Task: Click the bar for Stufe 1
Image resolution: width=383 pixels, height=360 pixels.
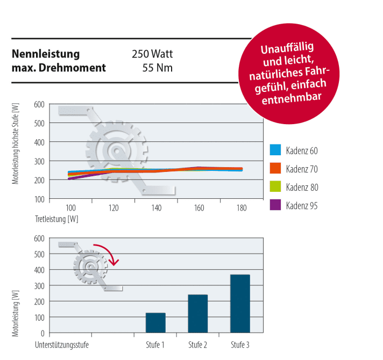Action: click(x=155, y=322)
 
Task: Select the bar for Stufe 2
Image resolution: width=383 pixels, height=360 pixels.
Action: click(x=197, y=313)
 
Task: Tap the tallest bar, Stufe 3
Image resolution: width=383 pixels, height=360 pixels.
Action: click(x=240, y=304)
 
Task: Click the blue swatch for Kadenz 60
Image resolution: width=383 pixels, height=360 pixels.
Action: click(x=274, y=150)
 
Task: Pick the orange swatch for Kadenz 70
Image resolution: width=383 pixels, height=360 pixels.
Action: click(x=274, y=169)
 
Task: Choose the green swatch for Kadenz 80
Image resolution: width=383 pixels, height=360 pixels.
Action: click(x=274, y=187)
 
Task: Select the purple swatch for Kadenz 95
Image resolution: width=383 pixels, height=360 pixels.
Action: click(x=274, y=205)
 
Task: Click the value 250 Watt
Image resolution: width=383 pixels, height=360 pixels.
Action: click(x=152, y=54)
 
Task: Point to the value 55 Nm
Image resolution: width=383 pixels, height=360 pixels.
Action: click(x=158, y=68)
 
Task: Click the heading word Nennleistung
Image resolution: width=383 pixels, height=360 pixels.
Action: click(x=46, y=54)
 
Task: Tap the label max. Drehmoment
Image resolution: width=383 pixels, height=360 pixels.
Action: click(x=59, y=68)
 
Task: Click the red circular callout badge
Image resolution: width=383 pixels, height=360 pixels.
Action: click(x=291, y=73)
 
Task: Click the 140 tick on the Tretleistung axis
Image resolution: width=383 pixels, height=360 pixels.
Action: click(x=156, y=207)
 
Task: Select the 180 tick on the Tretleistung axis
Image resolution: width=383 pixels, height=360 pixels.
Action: click(x=241, y=207)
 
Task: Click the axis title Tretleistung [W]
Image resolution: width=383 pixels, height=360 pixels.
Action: click(x=56, y=220)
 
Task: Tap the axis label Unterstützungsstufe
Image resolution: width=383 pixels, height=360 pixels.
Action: click(x=62, y=344)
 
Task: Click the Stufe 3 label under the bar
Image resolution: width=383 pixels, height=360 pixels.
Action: click(x=240, y=344)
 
